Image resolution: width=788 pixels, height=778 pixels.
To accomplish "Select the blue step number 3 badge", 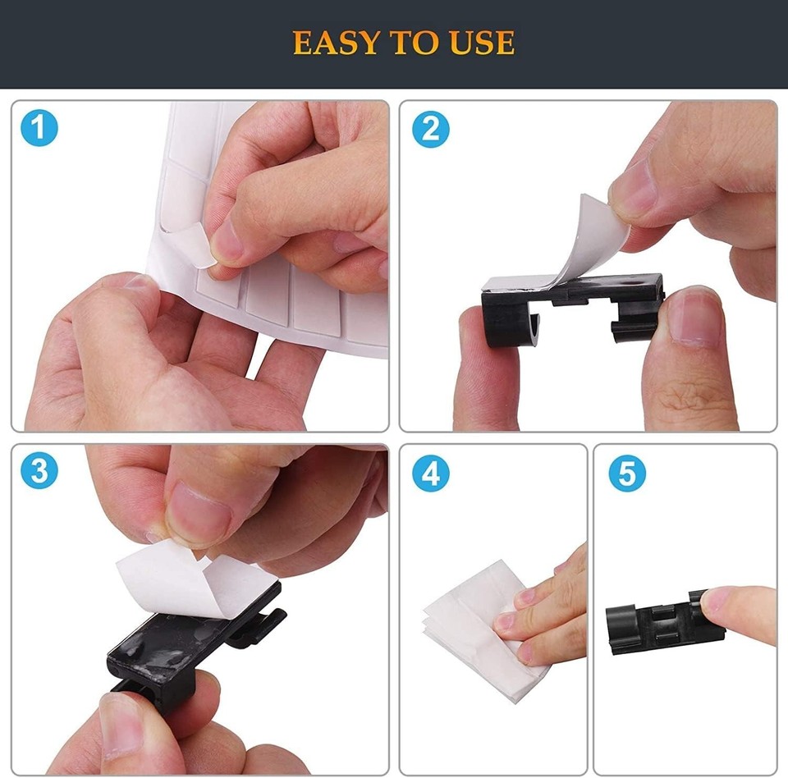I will pyautogui.click(x=39, y=472).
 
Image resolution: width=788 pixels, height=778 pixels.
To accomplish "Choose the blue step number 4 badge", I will pyautogui.click(x=430, y=473).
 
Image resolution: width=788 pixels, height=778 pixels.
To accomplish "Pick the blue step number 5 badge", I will pyautogui.click(x=626, y=473).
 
